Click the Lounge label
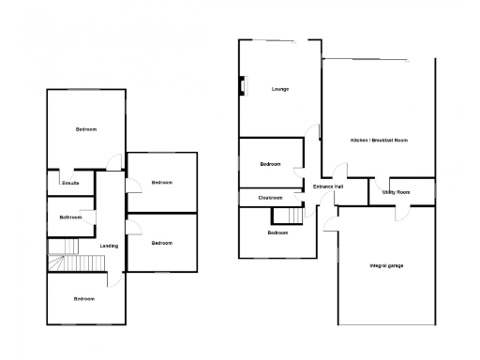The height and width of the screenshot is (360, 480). [x=279, y=89]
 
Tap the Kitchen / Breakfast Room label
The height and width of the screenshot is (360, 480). [x=379, y=140]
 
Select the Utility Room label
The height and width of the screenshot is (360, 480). [x=396, y=191]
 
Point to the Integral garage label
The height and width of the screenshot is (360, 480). [x=385, y=266]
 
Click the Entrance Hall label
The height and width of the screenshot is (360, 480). [x=327, y=187]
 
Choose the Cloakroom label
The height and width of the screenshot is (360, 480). [x=271, y=198]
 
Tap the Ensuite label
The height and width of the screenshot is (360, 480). [x=70, y=183]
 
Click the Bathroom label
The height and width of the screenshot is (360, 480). [x=70, y=217]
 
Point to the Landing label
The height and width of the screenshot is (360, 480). [x=109, y=246]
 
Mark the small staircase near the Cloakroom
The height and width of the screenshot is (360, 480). [x=294, y=216]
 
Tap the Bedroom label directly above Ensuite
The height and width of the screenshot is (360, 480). [x=86, y=128]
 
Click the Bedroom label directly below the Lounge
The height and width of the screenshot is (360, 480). [x=270, y=164]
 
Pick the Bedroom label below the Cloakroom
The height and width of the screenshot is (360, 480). [x=277, y=232]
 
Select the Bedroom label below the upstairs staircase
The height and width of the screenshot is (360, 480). [x=84, y=298]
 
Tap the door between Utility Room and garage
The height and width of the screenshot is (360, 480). [x=400, y=208]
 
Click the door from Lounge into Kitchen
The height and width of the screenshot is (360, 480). [x=320, y=133]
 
